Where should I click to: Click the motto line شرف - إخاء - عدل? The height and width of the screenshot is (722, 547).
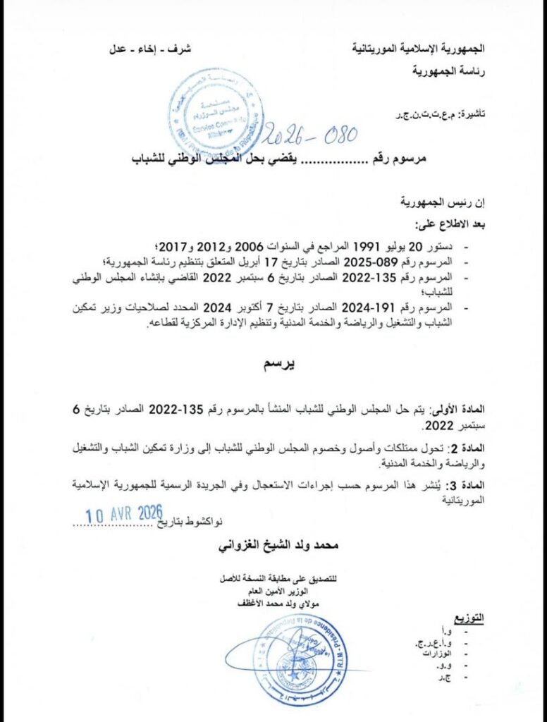150,50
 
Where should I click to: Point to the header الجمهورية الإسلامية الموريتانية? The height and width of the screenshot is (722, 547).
419,50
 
